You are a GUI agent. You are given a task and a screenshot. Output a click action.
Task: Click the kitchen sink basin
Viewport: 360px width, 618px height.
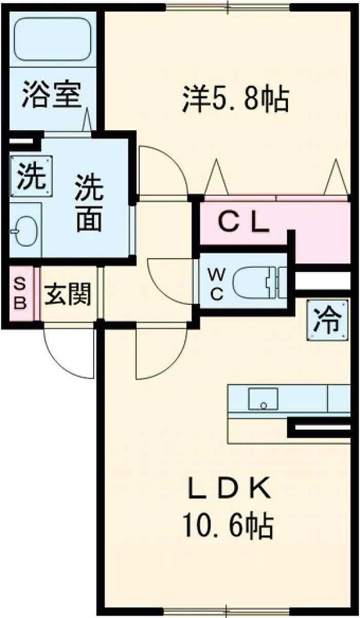point(263,399)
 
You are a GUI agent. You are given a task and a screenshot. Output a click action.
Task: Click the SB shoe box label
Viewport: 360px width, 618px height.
point(20,293)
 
